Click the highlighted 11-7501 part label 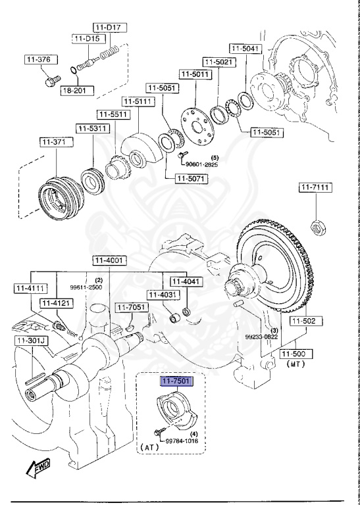click(178, 381)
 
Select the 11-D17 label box click(110, 27)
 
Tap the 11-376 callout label click(39, 60)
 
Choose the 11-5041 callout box click(246, 49)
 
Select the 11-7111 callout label click(317, 188)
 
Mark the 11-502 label click(304, 321)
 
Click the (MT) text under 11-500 click(294, 363)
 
